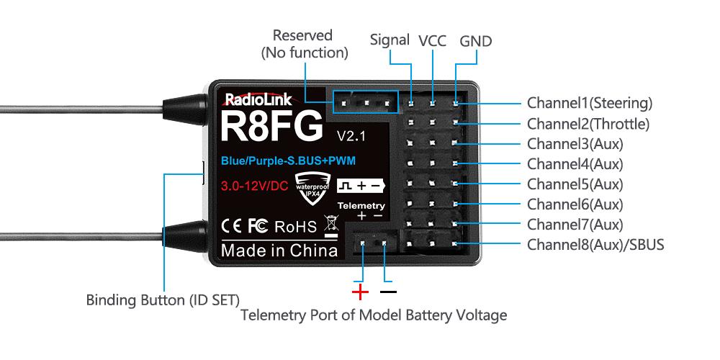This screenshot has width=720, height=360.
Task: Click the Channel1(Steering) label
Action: (x=589, y=103)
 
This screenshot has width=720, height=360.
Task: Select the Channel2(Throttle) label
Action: (x=588, y=124)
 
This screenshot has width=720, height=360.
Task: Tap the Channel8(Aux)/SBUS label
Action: (x=595, y=245)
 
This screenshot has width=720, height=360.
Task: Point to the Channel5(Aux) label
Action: (x=575, y=184)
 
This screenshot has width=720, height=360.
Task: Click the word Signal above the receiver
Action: (x=390, y=40)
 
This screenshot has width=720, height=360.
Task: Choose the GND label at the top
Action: (x=475, y=41)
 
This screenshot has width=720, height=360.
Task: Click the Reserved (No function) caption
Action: (x=303, y=44)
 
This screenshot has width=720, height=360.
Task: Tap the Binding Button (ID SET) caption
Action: (x=163, y=299)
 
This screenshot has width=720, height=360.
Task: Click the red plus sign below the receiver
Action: (x=360, y=292)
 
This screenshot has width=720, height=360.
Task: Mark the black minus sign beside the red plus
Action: (x=388, y=292)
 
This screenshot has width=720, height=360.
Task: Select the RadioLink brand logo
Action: (x=258, y=100)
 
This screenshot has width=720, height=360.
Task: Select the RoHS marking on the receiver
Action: (x=296, y=228)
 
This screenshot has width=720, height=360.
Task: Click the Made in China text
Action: (x=279, y=251)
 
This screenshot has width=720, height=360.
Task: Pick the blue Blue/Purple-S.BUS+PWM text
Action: (x=288, y=159)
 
